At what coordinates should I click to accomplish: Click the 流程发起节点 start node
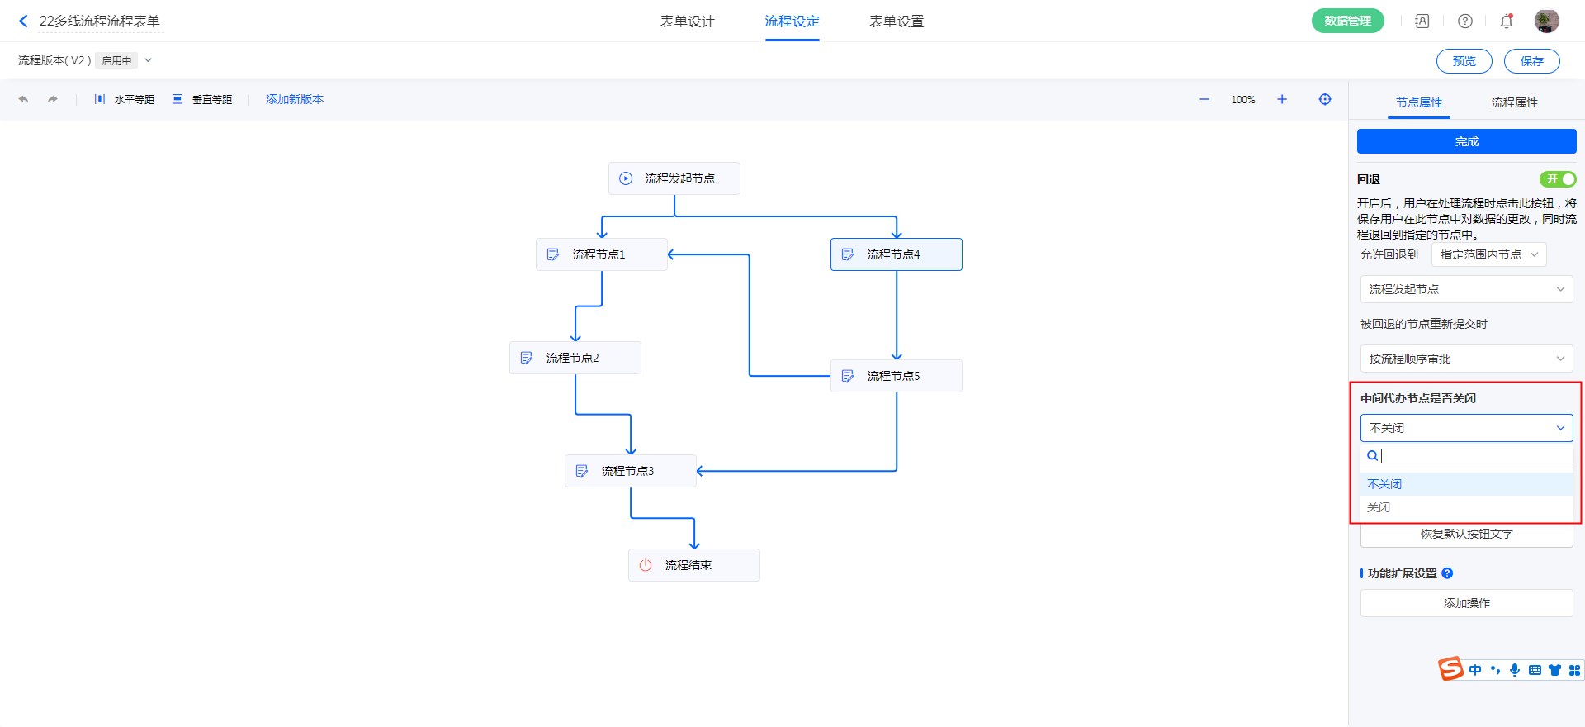(x=674, y=178)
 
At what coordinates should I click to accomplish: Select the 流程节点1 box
(x=601, y=254)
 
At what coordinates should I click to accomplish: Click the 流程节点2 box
(x=575, y=358)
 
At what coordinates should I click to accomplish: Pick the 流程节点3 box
(x=630, y=471)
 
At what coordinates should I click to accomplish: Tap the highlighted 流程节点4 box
(x=896, y=254)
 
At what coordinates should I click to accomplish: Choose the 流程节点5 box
(x=896, y=376)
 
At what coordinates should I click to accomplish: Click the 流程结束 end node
(x=693, y=565)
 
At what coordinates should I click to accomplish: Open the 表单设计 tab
(x=687, y=21)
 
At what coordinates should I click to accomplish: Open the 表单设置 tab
(x=896, y=21)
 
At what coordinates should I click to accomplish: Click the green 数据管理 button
(x=1347, y=21)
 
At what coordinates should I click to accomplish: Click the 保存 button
(x=1531, y=61)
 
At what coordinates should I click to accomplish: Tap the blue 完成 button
(x=1466, y=141)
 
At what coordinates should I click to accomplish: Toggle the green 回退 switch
(x=1557, y=179)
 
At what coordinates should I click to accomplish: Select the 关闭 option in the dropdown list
(x=1379, y=507)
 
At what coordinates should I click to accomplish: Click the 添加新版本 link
(x=295, y=99)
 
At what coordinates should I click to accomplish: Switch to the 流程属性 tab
(x=1514, y=102)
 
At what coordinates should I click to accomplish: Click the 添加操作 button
(x=1466, y=603)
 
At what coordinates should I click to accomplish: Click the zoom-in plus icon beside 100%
(x=1282, y=99)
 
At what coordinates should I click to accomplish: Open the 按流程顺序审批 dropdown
(x=1466, y=359)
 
